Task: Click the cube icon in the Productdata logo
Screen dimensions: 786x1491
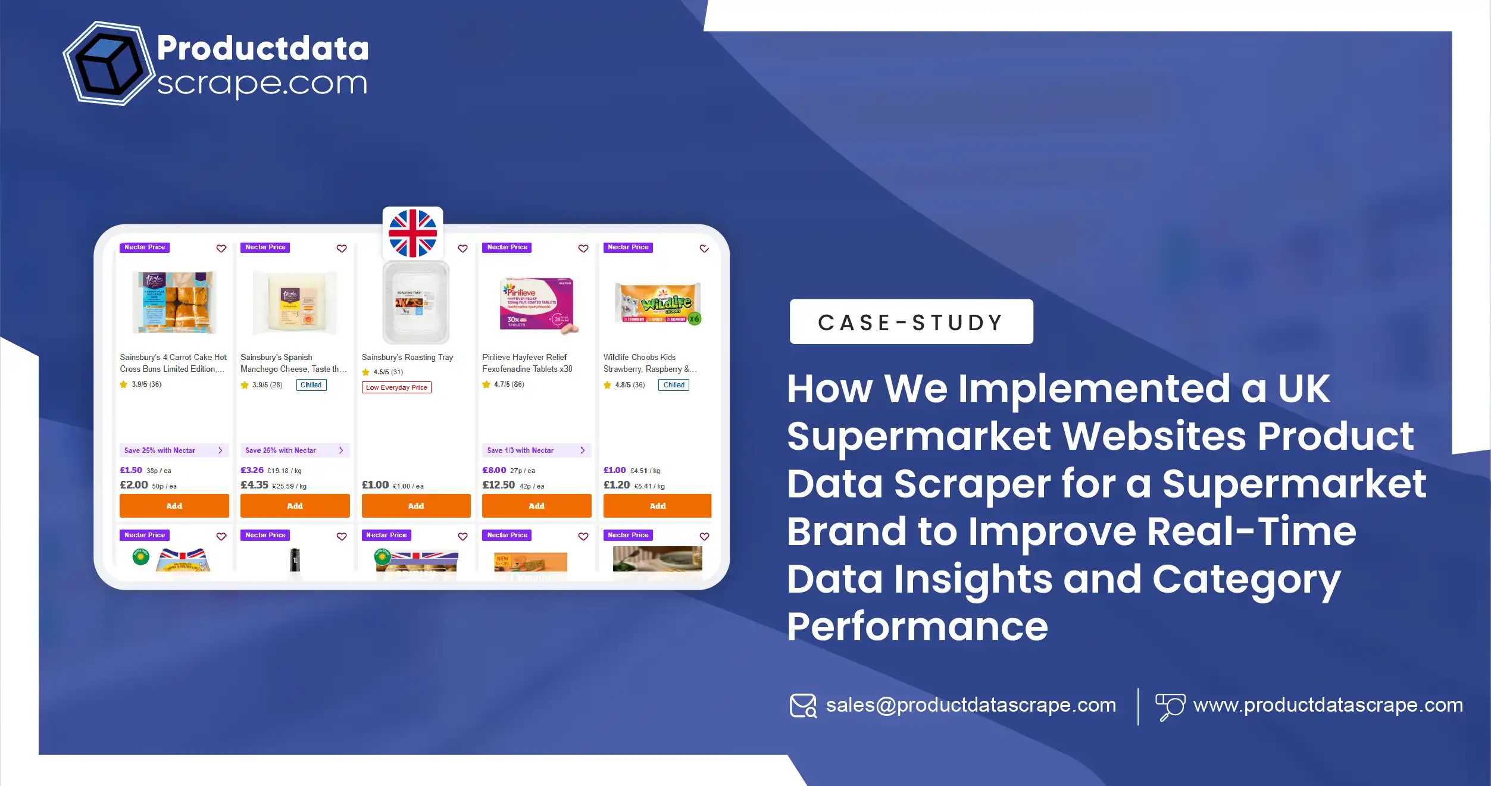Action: coord(108,64)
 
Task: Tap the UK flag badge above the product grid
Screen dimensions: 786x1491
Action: coord(412,233)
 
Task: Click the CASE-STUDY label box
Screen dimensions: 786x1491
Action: coord(911,322)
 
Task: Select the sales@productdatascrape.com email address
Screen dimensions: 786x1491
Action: coord(970,705)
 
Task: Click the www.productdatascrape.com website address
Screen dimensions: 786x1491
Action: coord(1327,705)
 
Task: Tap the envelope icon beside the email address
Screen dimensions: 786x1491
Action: coord(803,706)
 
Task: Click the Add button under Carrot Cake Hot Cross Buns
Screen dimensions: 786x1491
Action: coord(174,506)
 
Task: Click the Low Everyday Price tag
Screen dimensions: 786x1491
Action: coord(396,387)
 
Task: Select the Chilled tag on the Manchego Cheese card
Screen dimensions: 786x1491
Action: coord(311,385)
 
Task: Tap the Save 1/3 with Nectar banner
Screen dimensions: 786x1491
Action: coord(536,450)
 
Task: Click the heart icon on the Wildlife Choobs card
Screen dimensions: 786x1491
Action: coord(704,249)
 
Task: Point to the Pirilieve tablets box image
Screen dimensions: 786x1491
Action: coord(537,304)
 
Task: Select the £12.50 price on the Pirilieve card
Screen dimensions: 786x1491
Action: coord(498,485)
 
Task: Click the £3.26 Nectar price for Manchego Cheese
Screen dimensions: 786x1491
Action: coord(252,470)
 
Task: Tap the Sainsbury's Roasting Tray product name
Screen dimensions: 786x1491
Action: coord(407,357)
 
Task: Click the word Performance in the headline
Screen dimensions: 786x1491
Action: coord(917,627)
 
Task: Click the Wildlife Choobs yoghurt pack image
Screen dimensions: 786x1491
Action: coord(657,304)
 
